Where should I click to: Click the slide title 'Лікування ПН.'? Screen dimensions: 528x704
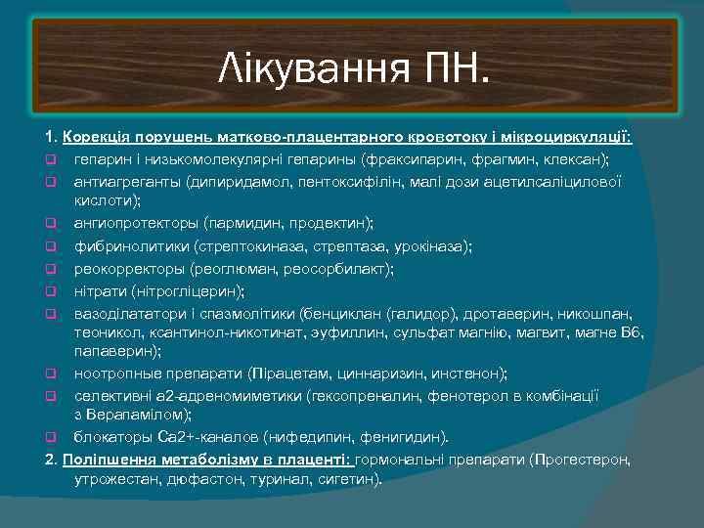pyautogui.click(x=356, y=70)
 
